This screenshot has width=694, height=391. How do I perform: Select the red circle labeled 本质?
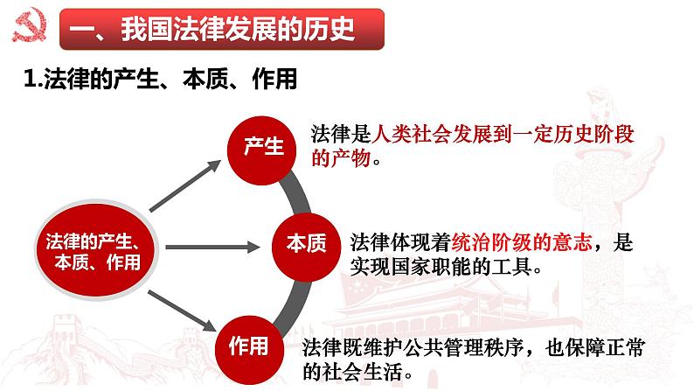pos(305,244)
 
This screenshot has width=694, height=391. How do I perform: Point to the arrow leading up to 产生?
pos(183,186)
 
